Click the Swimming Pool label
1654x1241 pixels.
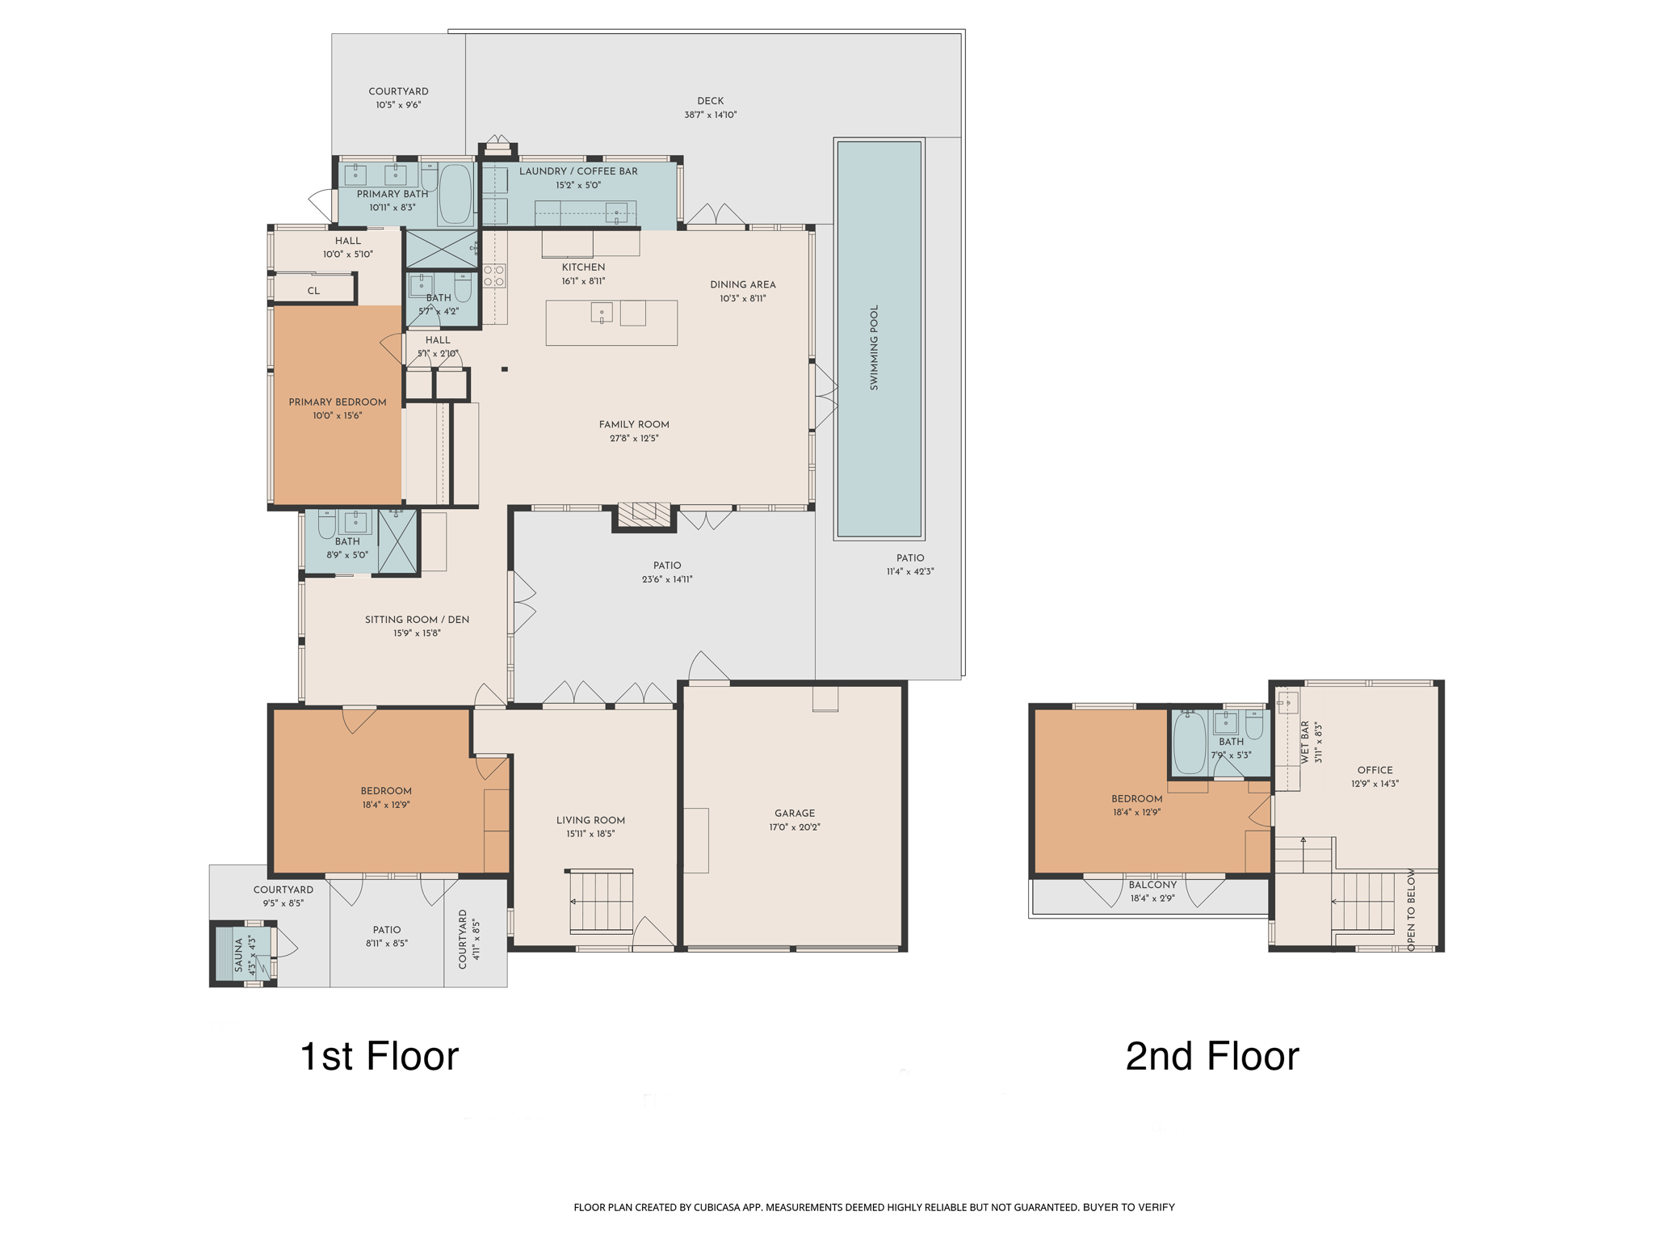point(874,348)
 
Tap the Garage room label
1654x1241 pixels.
point(795,813)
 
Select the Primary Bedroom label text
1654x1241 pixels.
point(338,402)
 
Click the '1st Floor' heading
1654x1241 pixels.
point(379,1056)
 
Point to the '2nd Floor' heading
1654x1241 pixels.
point(1212,1056)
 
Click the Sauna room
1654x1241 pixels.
point(243,954)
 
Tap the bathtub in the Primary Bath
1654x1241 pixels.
point(455,194)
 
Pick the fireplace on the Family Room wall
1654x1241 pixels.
point(644,515)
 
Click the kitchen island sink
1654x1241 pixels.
point(602,313)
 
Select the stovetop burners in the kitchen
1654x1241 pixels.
point(494,276)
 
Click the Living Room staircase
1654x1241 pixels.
point(600,901)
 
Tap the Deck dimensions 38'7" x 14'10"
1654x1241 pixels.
point(711,115)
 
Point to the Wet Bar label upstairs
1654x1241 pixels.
point(1305,742)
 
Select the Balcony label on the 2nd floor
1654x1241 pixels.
point(1152,885)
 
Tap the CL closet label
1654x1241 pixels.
point(313,291)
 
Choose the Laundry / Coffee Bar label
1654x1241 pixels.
point(578,171)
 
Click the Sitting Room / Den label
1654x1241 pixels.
point(417,620)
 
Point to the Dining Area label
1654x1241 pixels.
point(743,284)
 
